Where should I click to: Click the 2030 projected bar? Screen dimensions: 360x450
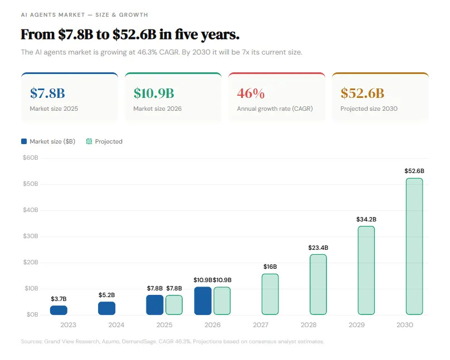[x=414, y=246]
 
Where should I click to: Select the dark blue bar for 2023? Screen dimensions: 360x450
[x=58, y=310]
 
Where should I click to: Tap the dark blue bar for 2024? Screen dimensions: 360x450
[x=106, y=308]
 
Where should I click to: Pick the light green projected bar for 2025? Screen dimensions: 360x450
[x=174, y=305]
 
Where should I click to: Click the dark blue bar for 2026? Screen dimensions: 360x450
[x=203, y=300]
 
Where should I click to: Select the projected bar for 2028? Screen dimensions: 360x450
[x=318, y=284]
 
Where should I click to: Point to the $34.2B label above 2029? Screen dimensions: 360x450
[x=366, y=219]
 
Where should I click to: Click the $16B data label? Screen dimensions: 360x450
[x=270, y=267]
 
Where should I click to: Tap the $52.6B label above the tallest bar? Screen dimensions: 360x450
[x=414, y=171]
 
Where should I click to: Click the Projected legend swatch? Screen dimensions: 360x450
[x=89, y=141]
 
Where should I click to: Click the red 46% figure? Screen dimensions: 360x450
[x=251, y=93]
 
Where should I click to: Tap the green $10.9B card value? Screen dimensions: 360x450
[x=154, y=93]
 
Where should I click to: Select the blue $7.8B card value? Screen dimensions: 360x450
[x=47, y=93]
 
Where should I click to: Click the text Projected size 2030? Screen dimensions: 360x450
[x=369, y=109]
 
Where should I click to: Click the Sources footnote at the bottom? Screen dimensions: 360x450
[x=172, y=341]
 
